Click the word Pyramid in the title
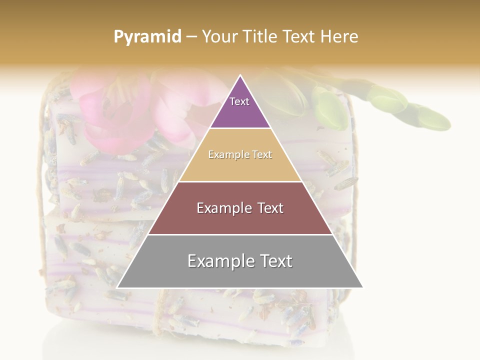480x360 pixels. pyautogui.click(x=147, y=37)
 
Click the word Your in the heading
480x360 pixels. pyautogui.click(x=220, y=37)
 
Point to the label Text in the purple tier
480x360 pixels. pyautogui.click(x=239, y=101)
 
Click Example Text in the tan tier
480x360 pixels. pyautogui.click(x=240, y=155)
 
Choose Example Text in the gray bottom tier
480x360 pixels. pyautogui.click(x=240, y=261)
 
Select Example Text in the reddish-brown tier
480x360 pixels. pyautogui.click(x=240, y=208)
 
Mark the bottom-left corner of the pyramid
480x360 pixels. pyautogui.click(x=117, y=287)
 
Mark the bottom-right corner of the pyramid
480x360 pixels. pyautogui.click(x=363, y=287)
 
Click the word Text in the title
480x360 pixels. pyautogui.click(x=299, y=37)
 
